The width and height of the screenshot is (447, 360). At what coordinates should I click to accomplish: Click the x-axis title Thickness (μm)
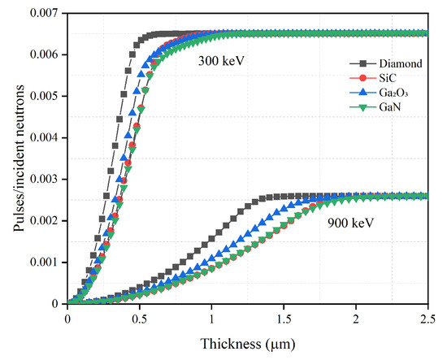247,345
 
